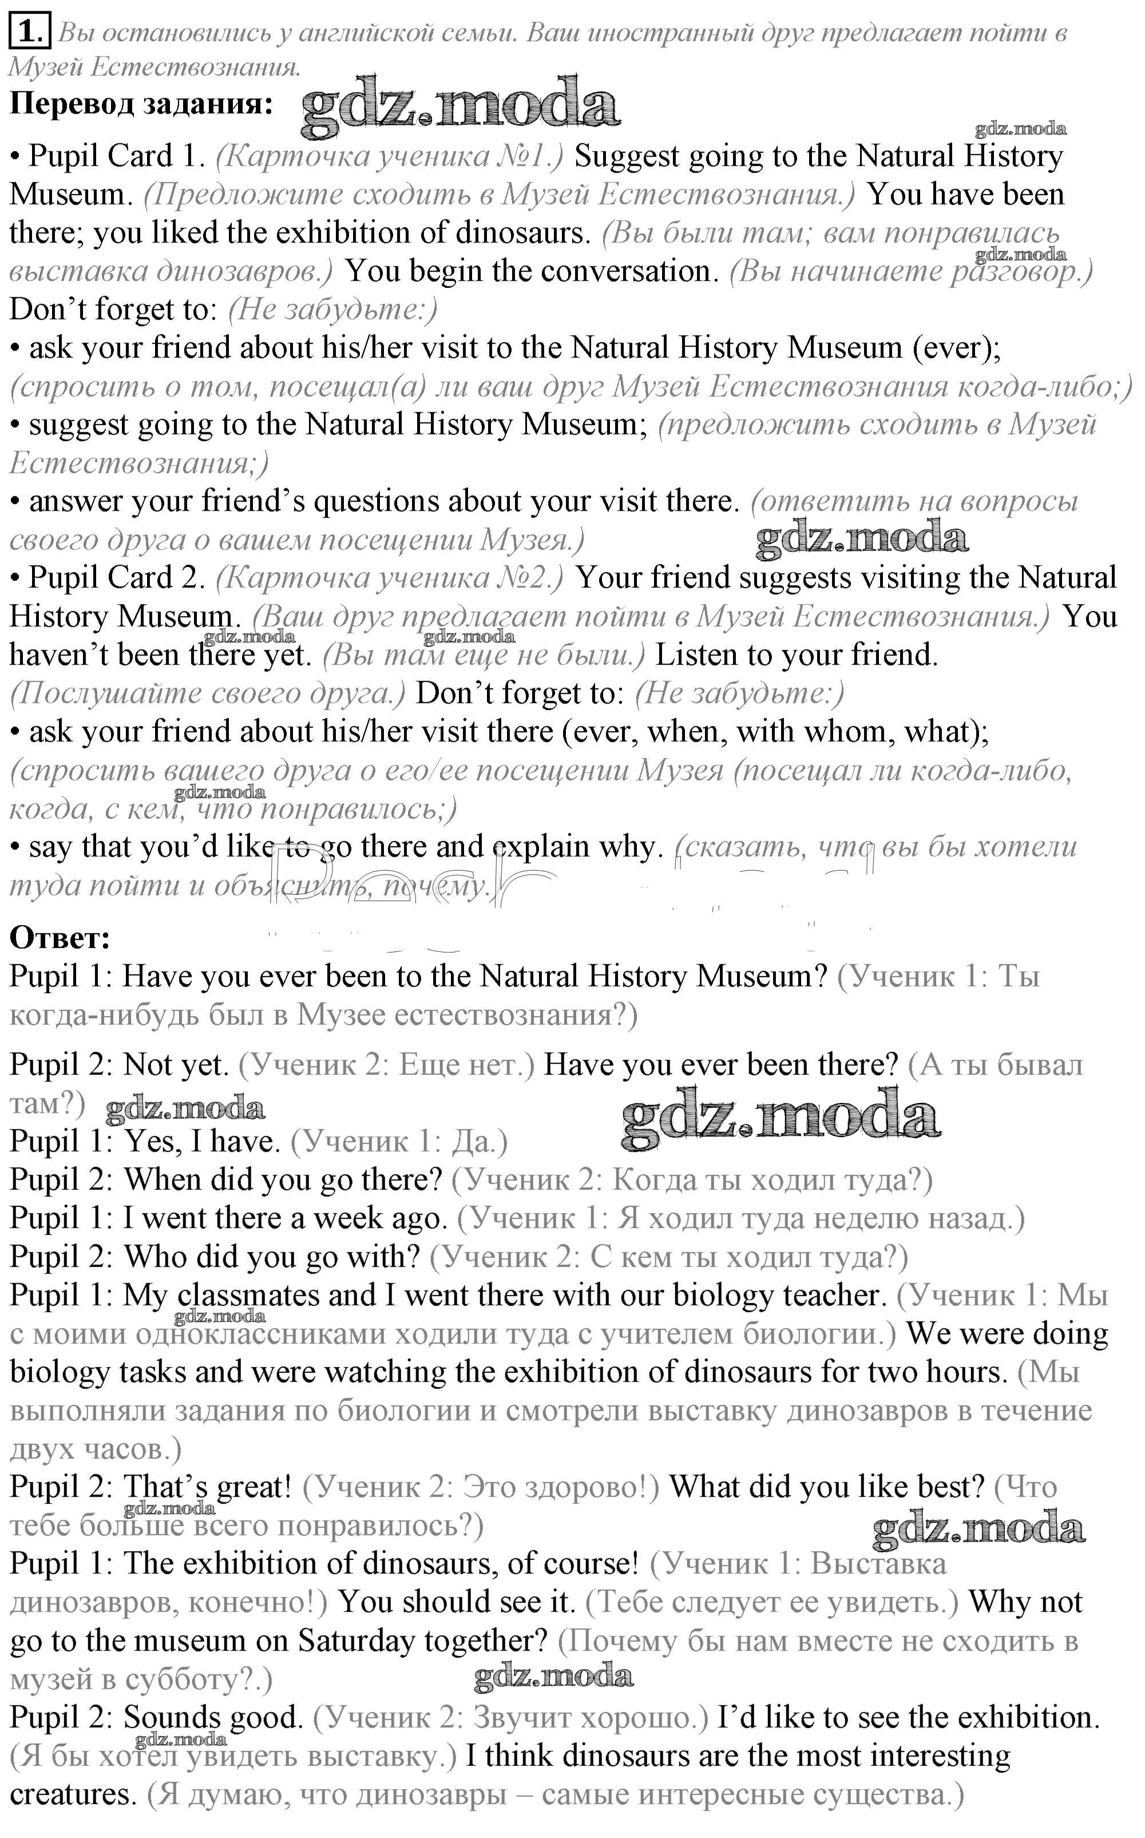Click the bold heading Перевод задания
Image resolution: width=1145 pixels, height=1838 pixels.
click(x=141, y=104)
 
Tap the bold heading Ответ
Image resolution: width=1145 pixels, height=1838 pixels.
click(x=60, y=938)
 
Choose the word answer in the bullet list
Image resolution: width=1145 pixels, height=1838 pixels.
click(x=75, y=501)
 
